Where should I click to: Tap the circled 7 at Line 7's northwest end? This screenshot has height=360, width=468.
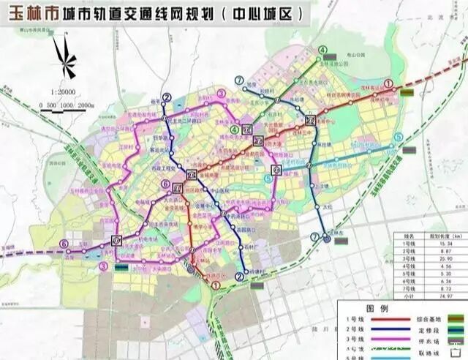239,80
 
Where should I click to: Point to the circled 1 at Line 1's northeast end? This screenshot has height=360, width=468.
389,85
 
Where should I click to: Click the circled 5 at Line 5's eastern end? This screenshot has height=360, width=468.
398,137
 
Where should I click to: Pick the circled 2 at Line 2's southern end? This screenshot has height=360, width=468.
239,276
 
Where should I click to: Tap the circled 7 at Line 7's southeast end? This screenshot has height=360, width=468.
314,237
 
